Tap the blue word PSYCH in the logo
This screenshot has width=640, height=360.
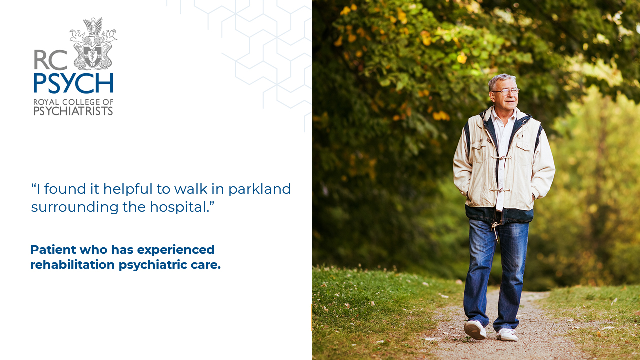73,83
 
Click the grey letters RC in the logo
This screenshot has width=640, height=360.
51,60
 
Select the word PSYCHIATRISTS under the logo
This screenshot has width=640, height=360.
73,111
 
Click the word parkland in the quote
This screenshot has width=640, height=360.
259,189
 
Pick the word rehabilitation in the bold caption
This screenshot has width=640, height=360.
73,264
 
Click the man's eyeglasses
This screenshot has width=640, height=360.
506,91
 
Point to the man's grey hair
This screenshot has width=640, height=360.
501,81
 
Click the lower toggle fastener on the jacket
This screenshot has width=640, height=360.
500,190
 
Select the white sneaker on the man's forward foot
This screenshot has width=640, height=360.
475,329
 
